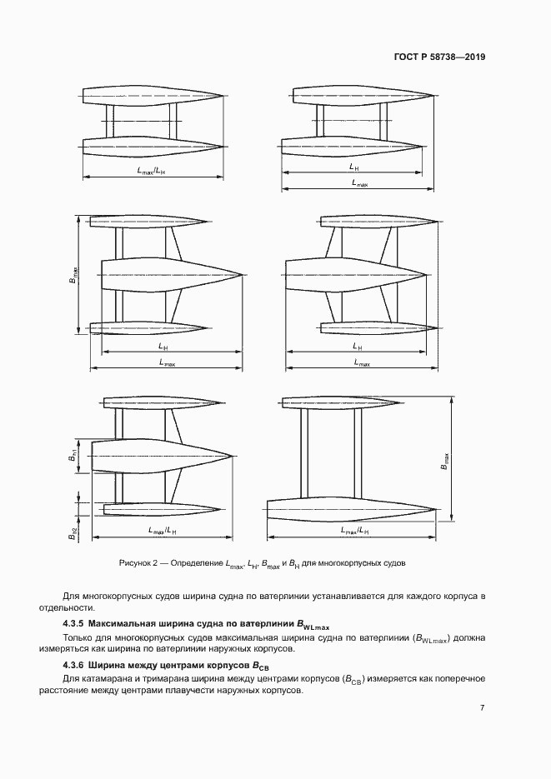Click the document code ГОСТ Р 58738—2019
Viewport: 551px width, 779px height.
pos(439,57)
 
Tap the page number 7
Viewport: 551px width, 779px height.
pos(482,707)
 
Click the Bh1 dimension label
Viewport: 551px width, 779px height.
pos(73,457)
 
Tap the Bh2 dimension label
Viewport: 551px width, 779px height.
pos(73,534)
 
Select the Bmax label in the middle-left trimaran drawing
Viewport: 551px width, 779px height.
pos(73,274)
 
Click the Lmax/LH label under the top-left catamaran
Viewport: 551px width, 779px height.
pos(152,171)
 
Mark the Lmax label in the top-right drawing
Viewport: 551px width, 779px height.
pos(359,183)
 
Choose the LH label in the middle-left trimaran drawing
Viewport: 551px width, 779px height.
pos(163,347)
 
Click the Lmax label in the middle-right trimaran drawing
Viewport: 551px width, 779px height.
pos(362,362)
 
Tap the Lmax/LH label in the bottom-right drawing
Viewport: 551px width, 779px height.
pos(355,531)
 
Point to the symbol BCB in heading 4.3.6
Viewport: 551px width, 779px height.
pos(261,666)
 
